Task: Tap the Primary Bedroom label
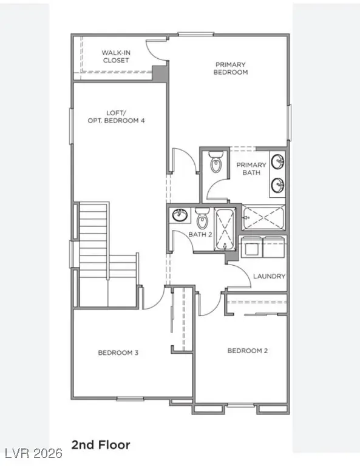tap(230, 68)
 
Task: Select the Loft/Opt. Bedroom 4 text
tap(117, 116)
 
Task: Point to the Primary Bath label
tap(248, 169)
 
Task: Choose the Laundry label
tap(269, 276)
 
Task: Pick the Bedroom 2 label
tap(248, 351)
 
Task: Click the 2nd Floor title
tap(101, 445)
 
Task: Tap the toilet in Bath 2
tap(202, 215)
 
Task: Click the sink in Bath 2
tap(179, 216)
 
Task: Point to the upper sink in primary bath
tap(277, 162)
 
